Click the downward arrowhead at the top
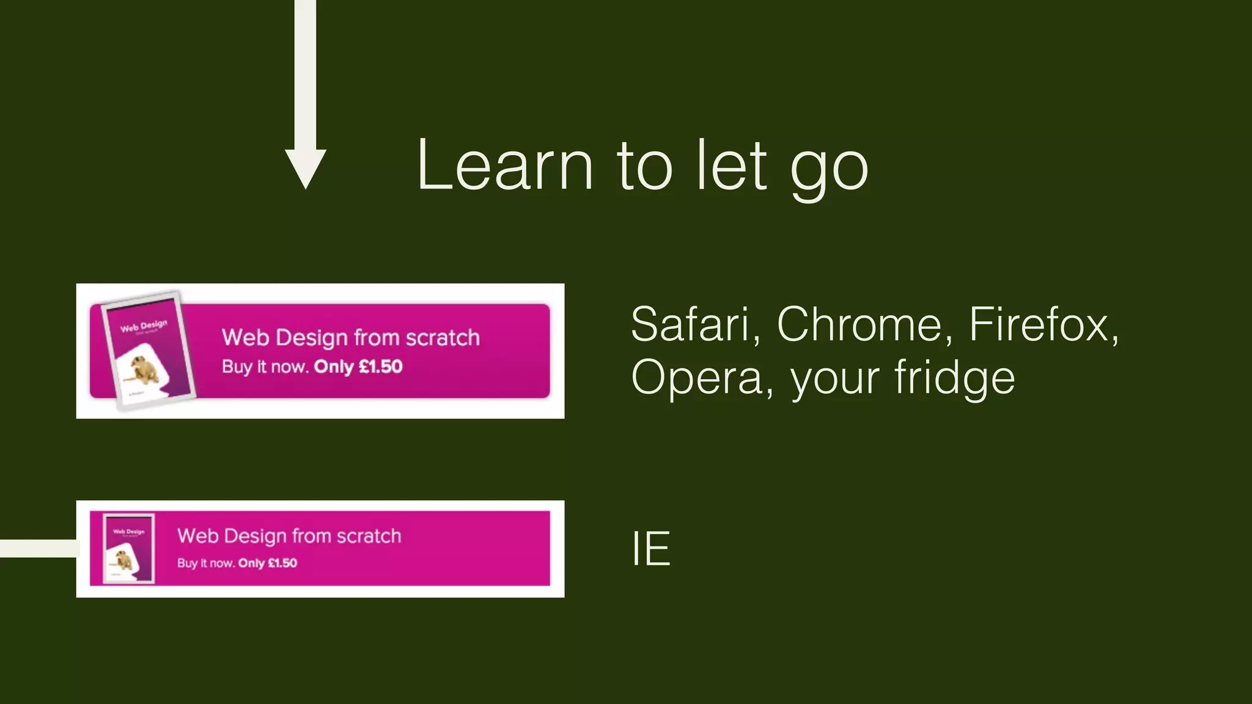tap(306, 167)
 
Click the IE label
tap(650, 549)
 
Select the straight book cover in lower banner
tap(128, 549)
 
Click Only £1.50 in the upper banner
tap(358, 367)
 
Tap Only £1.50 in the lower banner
tap(268, 563)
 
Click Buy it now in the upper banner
tap(264, 367)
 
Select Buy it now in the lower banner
tap(205, 563)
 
